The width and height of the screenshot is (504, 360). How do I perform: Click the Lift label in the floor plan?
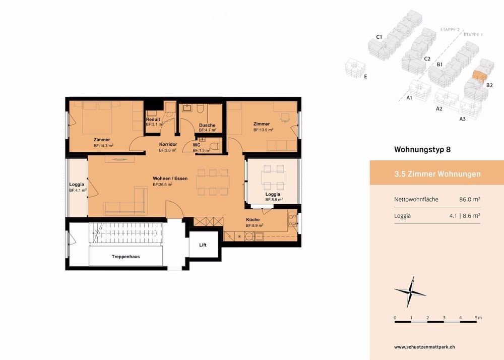203,245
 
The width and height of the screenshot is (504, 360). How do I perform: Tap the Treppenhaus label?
125,257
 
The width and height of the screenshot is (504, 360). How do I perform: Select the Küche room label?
253,219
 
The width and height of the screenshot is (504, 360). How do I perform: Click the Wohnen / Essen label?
170,178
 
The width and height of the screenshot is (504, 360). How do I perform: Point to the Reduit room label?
153,119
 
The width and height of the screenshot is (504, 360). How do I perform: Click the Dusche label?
207,125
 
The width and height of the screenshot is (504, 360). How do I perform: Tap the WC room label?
196,144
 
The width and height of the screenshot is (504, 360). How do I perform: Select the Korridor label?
167,144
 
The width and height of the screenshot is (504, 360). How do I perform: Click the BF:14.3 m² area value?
103,146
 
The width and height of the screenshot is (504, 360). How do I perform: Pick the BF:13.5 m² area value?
263,130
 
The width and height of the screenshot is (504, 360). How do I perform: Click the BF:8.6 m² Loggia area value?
274,200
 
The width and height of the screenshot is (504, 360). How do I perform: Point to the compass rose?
410,291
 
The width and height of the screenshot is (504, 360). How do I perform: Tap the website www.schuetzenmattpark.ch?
425,347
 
